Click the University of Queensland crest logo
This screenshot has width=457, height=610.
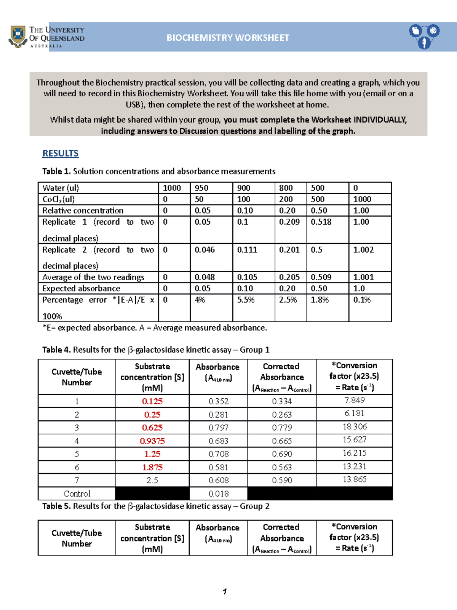(18, 37)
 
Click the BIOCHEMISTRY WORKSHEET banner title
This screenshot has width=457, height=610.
(228, 38)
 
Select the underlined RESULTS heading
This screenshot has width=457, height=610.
(60, 153)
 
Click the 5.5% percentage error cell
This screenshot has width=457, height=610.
(246, 300)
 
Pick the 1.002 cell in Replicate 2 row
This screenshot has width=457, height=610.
(363, 250)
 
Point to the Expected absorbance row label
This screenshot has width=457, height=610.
(81, 289)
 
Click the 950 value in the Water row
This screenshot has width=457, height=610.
(201, 188)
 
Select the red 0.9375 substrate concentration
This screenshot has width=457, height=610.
(152, 441)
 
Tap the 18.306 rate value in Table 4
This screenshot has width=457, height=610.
(354, 427)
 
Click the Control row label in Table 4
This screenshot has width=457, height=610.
(77, 494)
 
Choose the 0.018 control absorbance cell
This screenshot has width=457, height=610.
(218, 494)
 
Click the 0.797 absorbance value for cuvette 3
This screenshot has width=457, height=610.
(218, 428)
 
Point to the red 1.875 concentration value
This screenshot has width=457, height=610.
(152, 467)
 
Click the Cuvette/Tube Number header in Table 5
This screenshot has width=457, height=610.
(77, 538)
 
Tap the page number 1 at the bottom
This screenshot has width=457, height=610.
(225, 591)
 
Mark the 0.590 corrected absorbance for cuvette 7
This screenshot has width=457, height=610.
(282, 481)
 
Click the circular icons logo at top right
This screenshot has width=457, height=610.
(424, 36)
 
